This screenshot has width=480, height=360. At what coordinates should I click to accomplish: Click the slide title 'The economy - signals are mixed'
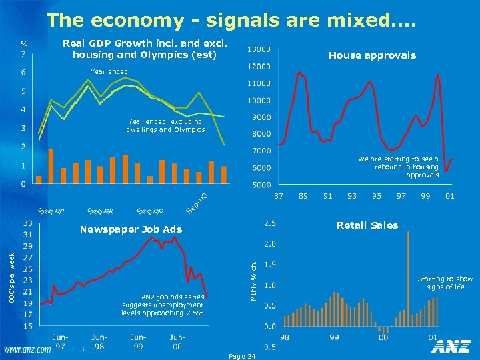click(x=231, y=20)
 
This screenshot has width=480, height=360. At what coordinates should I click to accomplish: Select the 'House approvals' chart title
click(x=372, y=55)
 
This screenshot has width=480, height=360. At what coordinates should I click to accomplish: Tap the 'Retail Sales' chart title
click(x=367, y=225)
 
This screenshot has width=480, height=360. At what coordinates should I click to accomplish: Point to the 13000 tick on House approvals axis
click(x=259, y=49)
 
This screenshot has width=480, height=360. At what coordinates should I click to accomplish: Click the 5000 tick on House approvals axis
click(x=259, y=185)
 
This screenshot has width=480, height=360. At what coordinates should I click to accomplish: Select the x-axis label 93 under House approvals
click(x=352, y=195)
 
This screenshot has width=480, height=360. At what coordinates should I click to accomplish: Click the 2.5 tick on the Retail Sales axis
click(x=271, y=222)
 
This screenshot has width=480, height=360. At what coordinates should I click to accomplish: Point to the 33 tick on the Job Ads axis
click(x=29, y=223)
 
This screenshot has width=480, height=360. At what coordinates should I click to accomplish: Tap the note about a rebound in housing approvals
click(x=398, y=167)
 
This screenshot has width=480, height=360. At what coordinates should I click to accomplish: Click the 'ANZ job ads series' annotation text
click(x=163, y=305)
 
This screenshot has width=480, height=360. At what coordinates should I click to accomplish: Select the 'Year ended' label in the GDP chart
click(x=109, y=71)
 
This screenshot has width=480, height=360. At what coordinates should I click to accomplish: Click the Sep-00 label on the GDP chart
click(x=198, y=203)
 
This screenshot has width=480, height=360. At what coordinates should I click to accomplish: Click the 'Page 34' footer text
click(x=241, y=357)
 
